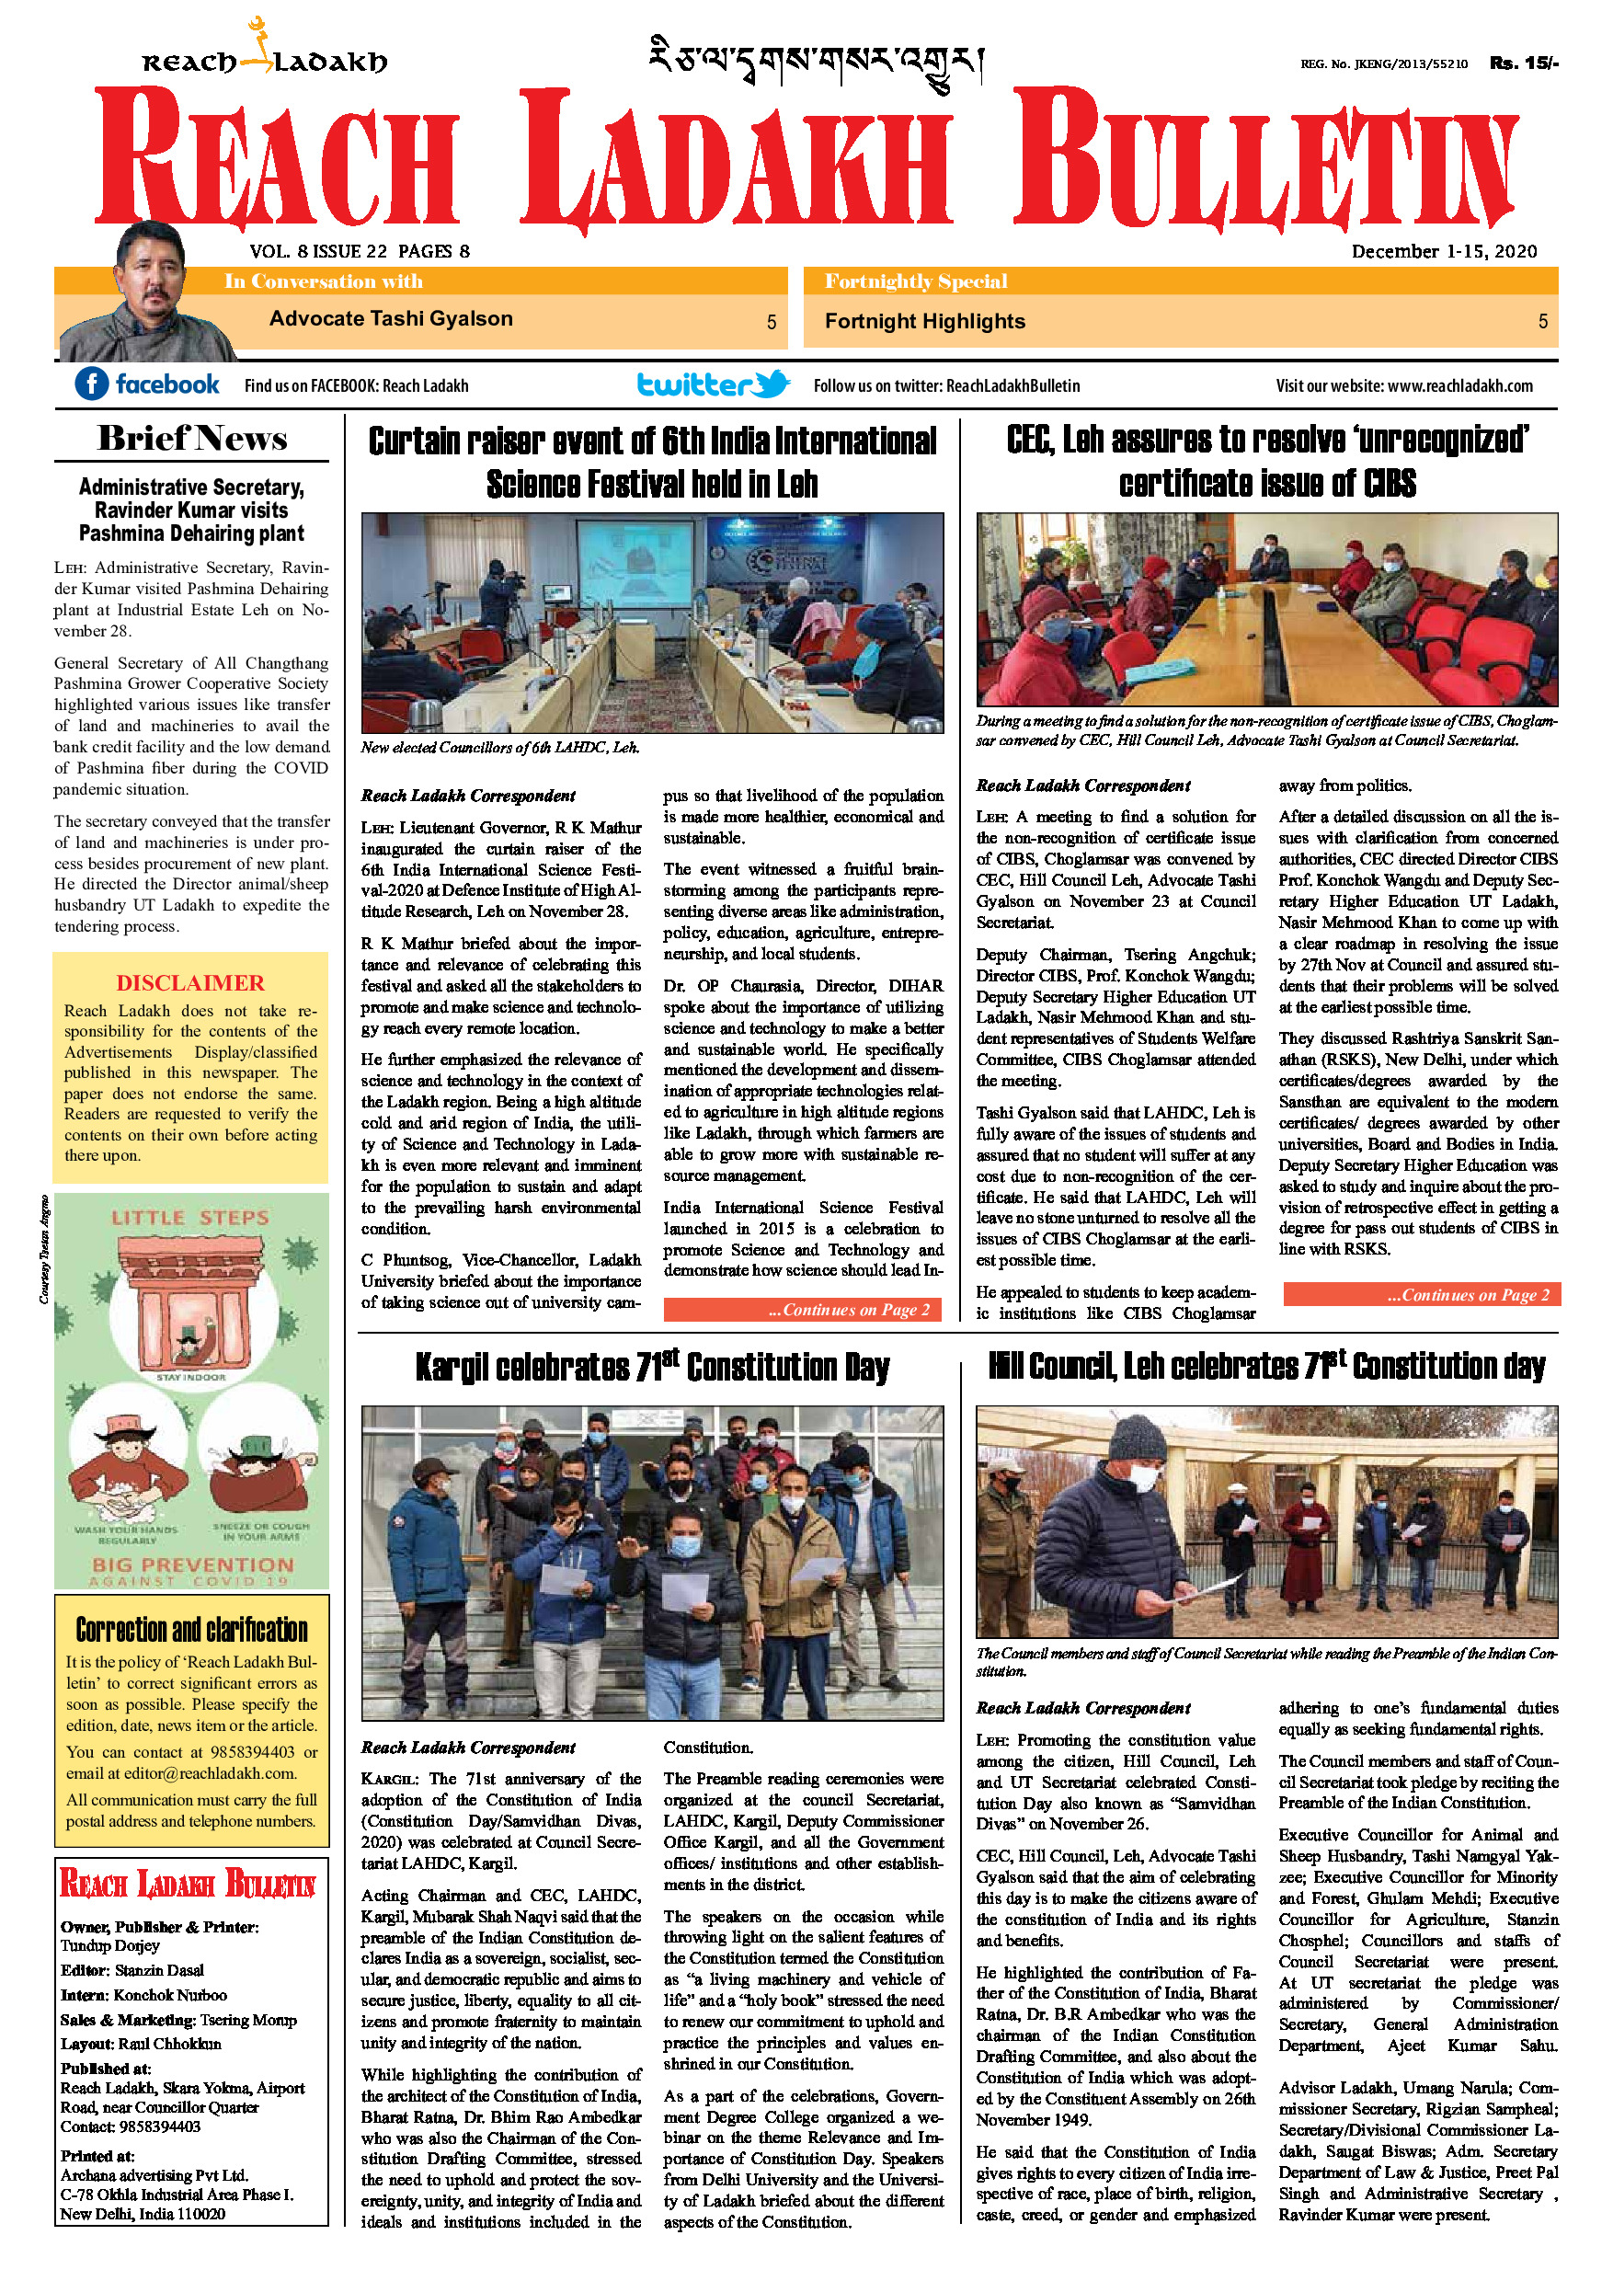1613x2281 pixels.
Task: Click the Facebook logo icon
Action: pyautogui.click(x=91, y=384)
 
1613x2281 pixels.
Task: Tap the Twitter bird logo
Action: pyautogui.click(x=772, y=384)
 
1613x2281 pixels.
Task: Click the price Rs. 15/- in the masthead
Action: pyautogui.click(x=1524, y=63)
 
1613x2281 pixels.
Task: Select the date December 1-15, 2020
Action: pyautogui.click(x=1443, y=251)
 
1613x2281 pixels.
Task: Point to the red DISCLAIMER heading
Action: pyautogui.click(x=189, y=982)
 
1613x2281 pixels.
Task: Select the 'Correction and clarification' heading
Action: pyautogui.click(x=191, y=1631)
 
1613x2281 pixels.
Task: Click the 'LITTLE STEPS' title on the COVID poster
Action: pyautogui.click(x=189, y=1217)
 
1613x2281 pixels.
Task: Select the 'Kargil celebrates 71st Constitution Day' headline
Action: pyautogui.click(x=653, y=1367)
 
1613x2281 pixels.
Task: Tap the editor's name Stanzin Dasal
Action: pyautogui.click(x=159, y=1970)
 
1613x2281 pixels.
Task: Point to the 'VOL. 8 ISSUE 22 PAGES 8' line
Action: pyautogui.click(x=360, y=251)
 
